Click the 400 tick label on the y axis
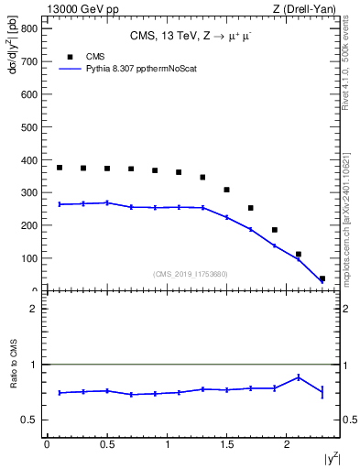click(x=27, y=159)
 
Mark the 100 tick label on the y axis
click(x=27, y=258)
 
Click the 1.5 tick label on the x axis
click(x=227, y=444)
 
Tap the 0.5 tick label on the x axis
click(x=106, y=444)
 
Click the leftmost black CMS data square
click(x=60, y=168)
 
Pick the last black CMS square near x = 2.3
click(x=322, y=279)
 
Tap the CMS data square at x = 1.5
click(x=227, y=190)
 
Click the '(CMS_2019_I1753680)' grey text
click(x=190, y=273)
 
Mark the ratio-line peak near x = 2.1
click(x=299, y=376)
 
